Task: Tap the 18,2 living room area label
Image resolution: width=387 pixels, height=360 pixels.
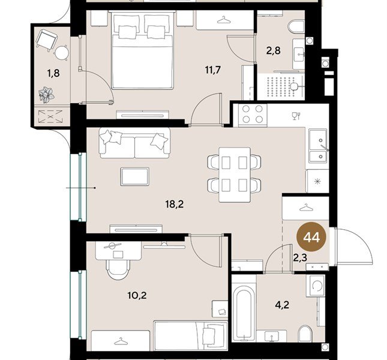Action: pos(174,204)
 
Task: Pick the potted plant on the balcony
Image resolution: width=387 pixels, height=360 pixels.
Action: pos(46,95)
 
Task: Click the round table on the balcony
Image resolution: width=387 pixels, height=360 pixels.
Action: pos(62,53)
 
